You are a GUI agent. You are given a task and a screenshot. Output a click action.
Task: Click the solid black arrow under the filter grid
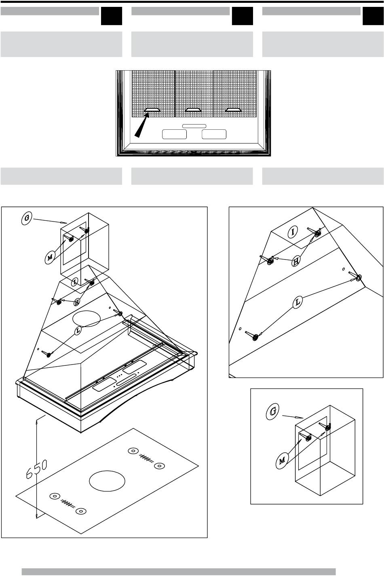click(x=142, y=126)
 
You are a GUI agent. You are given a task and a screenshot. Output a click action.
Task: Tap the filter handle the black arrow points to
click(x=152, y=110)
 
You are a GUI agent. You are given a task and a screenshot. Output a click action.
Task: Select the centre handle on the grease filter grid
click(x=193, y=110)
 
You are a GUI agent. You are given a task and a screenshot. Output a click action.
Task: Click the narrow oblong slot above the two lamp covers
click(x=194, y=126)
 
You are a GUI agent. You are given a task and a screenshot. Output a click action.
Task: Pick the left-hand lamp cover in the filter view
click(x=174, y=134)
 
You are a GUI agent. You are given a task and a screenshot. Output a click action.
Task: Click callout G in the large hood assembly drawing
click(x=27, y=218)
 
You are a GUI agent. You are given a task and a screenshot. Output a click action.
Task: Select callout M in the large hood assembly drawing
click(x=50, y=257)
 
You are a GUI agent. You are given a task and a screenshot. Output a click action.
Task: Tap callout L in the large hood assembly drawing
click(x=78, y=330)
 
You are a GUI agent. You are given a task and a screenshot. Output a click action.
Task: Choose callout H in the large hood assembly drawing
click(x=77, y=302)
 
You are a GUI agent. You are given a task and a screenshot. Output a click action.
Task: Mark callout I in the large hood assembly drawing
click(x=75, y=282)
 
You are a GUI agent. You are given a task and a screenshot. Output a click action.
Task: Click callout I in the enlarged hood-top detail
click(x=292, y=232)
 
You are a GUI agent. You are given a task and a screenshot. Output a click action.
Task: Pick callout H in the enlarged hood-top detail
click(x=296, y=262)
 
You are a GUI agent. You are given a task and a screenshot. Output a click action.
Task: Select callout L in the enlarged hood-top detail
click(x=298, y=302)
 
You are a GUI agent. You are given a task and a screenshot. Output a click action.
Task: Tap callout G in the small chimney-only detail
click(x=272, y=411)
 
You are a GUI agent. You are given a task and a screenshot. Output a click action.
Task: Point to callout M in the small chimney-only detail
click(x=282, y=461)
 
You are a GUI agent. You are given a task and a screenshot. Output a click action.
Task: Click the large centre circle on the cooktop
click(x=107, y=481)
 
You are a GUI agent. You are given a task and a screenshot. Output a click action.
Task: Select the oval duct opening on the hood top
click(x=87, y=319)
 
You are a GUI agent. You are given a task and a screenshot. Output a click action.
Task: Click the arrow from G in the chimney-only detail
click(x=293, y=417)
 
